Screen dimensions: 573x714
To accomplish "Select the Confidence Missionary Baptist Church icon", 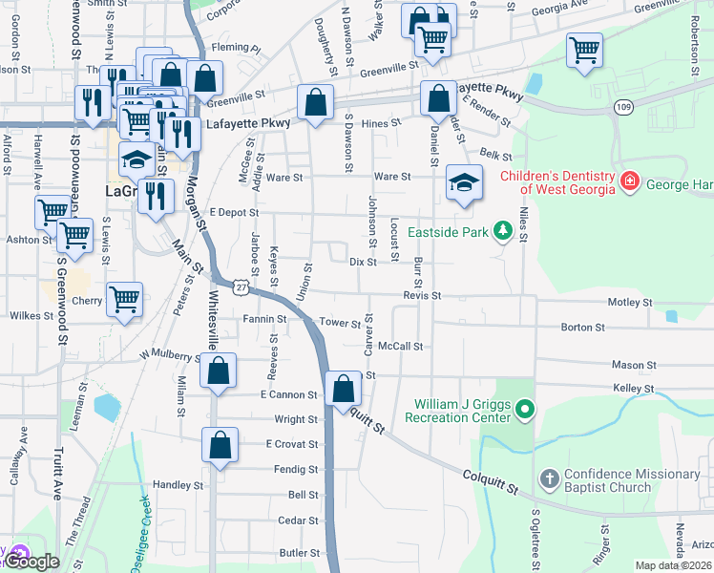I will click(549, 478).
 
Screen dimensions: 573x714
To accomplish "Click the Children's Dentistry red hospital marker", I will click(629, 180).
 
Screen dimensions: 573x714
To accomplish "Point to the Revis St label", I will click(421, 296).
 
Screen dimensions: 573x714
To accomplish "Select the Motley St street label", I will click(630, 303).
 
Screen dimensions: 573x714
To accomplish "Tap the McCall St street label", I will click(399, 346).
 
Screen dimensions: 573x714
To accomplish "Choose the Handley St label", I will click(173, 485).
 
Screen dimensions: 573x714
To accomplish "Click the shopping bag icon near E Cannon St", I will click(344, 389).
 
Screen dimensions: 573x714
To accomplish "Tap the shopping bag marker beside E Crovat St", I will click(220, 444).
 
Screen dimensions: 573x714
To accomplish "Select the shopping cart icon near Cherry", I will click(124, 299).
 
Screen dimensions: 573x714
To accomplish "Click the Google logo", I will click(33, 562).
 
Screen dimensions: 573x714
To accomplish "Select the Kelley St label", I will click(634, 390).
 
